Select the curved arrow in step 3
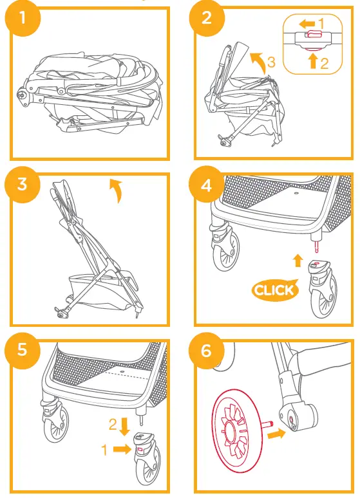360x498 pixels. pos(116,191)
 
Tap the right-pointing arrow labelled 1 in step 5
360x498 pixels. pos(121,450)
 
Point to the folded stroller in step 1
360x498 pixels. pos(90,90)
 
